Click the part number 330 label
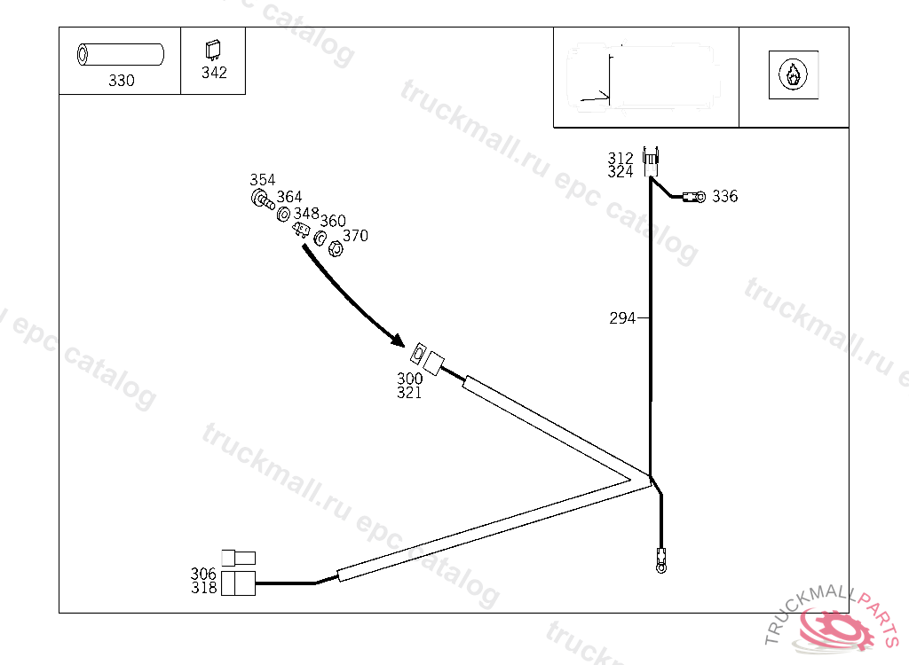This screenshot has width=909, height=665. click(x=122, y=81)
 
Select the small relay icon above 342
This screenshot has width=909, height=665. click(x=213, y=49)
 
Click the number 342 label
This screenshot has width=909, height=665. click(x=214, y=73)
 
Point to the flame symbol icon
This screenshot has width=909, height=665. click(x=793, y=75)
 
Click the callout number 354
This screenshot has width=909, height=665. click(x=262, y=180)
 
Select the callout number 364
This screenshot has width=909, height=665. click(x=289, y=197)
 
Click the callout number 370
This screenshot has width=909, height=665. click(x=355, y=236)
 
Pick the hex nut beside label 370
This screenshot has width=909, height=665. click(x=336, y=248)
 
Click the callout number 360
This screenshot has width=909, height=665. click(x=333, y=221)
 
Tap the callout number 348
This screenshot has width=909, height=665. click(x=306, y=214)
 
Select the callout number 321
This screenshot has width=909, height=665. click(x=409, y=393)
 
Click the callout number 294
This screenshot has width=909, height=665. click(x=622, y=318)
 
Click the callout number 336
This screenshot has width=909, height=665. click(x=724, y=197)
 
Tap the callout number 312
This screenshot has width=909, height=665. click(x=620, y=159)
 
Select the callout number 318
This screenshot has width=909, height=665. click(x=203, y=588)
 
